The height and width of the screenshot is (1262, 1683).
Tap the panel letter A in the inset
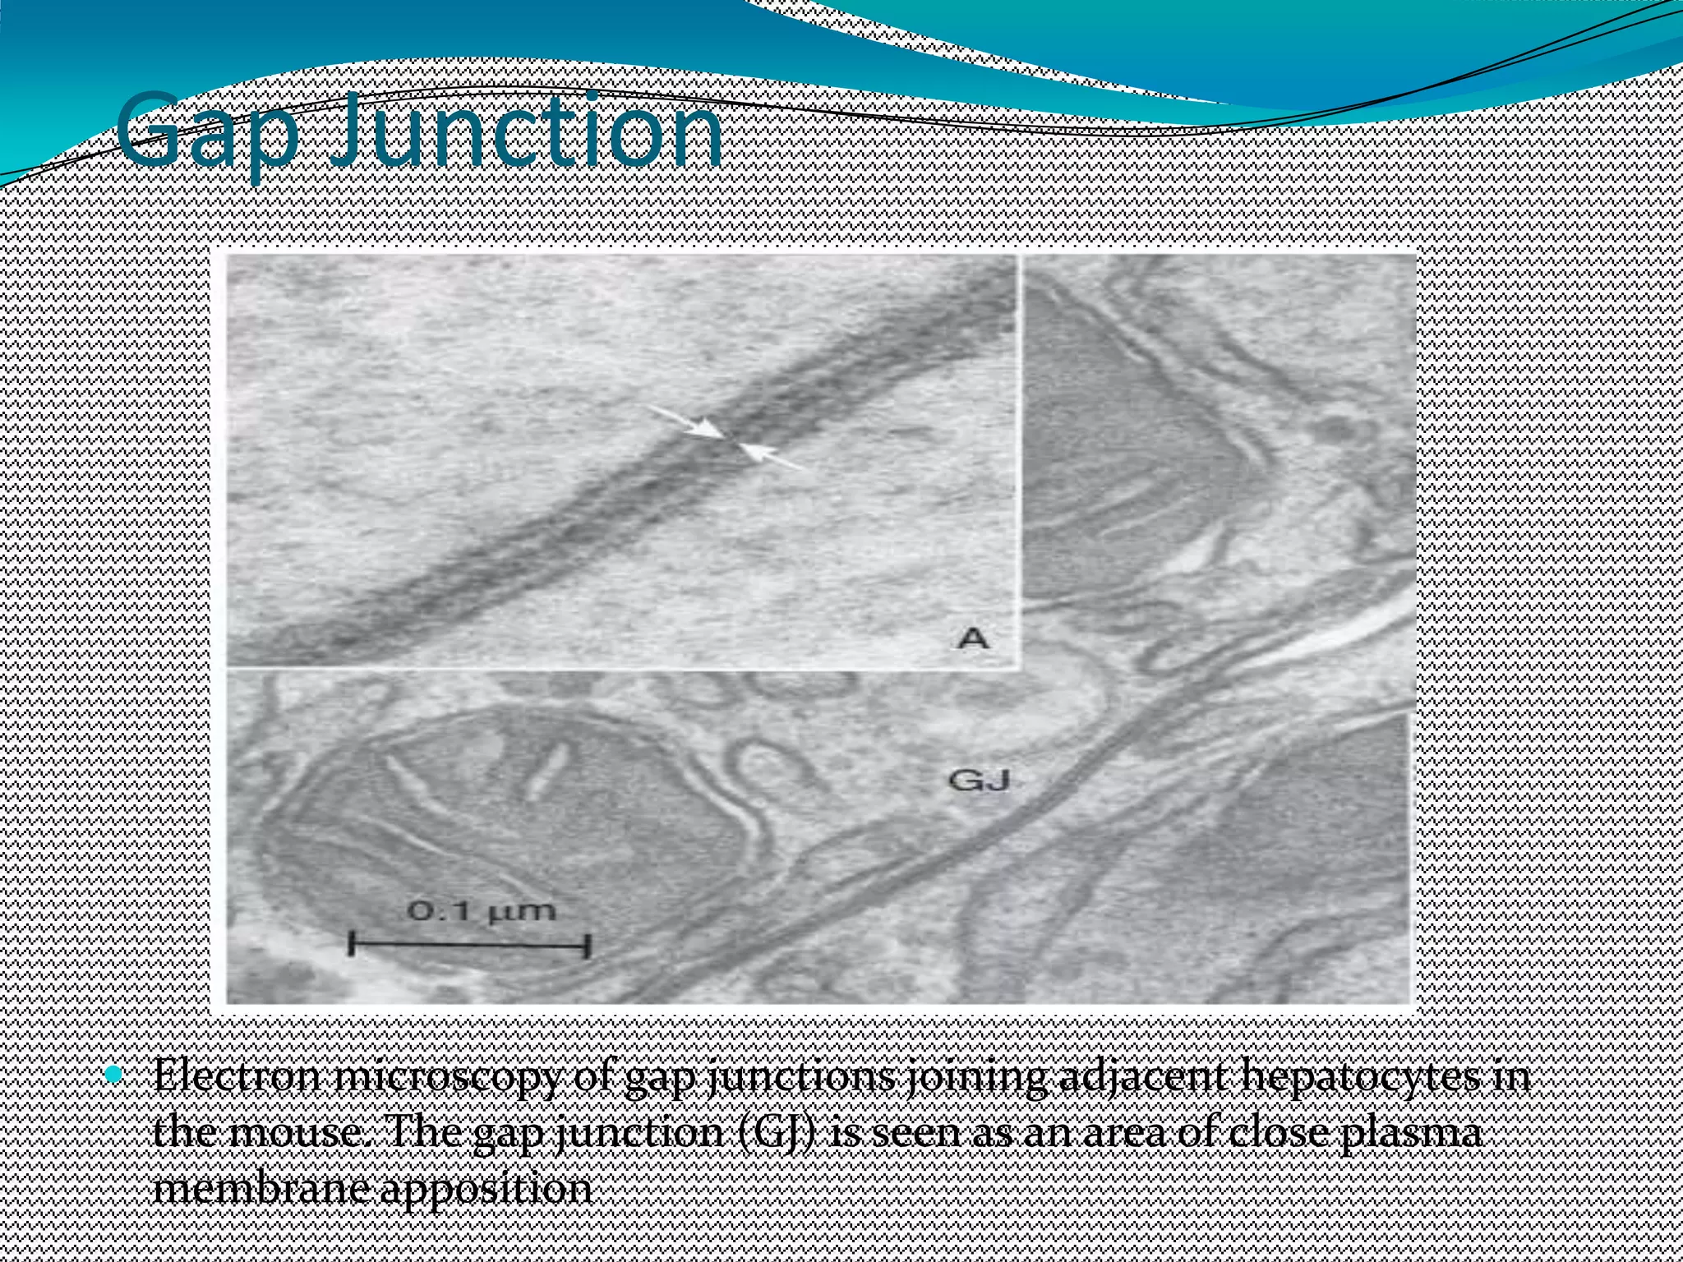[974, 637]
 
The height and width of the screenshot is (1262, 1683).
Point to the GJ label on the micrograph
[978, 779]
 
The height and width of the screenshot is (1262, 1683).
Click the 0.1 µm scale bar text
[482, 910]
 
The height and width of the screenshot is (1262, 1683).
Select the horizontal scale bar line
[469, 944]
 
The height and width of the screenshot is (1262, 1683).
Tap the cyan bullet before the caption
[114, 1074]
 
